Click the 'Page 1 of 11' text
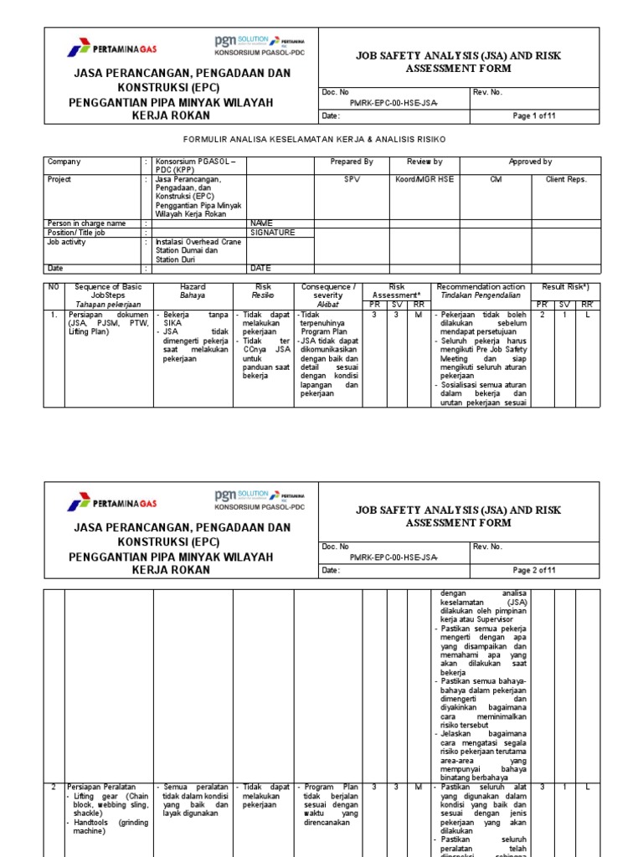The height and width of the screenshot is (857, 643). (x=535, y=116)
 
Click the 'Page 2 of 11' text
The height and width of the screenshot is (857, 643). (x=535, y=571)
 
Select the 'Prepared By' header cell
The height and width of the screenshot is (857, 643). (x=352, y=162)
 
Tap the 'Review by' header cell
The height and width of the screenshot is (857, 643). (x=424, y=162)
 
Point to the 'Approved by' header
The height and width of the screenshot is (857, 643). (x=530, y=162)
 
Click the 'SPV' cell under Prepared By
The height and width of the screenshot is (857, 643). (x=352, y=179)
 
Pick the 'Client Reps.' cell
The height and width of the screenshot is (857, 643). (x=567, y=179)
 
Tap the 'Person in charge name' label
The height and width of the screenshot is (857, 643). (x=86, y=223)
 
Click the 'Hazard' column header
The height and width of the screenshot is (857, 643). (x=193, y=287)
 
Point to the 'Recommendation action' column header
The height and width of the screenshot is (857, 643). (x=481, y=287)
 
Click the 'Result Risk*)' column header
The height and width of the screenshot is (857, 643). (x=565, y=287)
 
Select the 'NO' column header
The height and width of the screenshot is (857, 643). (x=54, y=287)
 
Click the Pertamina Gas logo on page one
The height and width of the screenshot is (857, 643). (x=111, y=50)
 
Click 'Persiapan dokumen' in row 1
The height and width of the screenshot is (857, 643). (x=108, y=316)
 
